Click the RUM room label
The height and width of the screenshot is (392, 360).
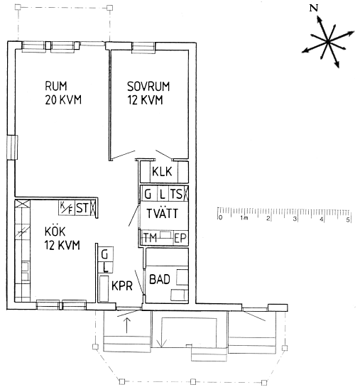(x=56, y=86)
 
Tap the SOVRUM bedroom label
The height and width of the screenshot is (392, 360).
(x=148, y=87)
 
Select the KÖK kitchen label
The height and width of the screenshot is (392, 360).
(x=55, y=231)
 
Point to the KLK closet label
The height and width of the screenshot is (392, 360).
(x=162, y=172)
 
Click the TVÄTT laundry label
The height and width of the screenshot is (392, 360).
(x=163, y=213)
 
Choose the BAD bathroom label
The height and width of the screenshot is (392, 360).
(x=160, y=279)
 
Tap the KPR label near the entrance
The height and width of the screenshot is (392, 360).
(x=122, y=285)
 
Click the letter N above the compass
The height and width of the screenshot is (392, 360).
(x=314, y=9)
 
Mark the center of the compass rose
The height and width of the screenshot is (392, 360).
(x=327, y=41)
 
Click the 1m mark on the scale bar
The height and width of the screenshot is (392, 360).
(x=244, y=218)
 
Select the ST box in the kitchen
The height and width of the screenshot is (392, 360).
(x=82, y=208)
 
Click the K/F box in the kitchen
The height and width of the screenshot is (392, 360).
(x=67, y=208)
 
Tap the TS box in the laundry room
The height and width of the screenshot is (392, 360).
(x=177, y=194)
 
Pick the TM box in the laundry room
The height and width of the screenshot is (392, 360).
(x=151, y=238)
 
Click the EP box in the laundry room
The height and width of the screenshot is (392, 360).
(x=180, y=238)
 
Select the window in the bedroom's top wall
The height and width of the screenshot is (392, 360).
(x=143, y=48)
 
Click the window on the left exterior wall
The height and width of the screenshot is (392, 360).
(x=12, y=147)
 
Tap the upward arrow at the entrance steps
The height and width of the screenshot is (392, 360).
(x=127, y=325)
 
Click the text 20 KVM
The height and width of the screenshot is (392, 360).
(x=63, y=99)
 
